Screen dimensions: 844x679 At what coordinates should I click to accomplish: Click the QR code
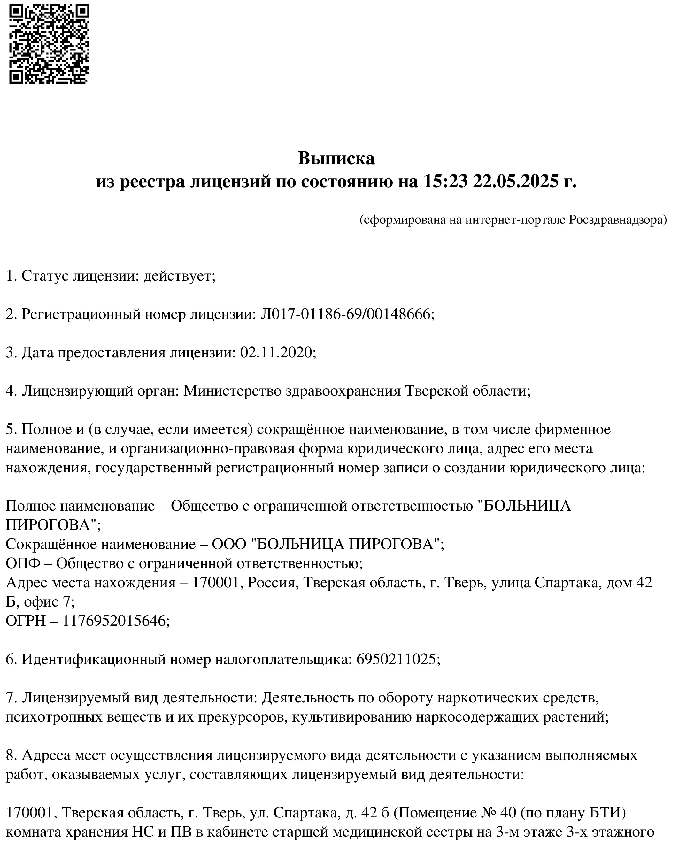click(x=49, y=44)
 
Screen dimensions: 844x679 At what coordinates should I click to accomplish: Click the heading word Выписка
click(x=336, y=159)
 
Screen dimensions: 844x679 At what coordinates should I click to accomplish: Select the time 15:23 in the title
click(x=445, y=182)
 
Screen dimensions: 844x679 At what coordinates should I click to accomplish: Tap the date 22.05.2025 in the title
click(x=515, y=182)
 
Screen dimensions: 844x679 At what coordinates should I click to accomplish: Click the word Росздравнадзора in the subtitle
click(x=617, y=220)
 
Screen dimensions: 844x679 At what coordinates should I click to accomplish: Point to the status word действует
click(x=180, y=276)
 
